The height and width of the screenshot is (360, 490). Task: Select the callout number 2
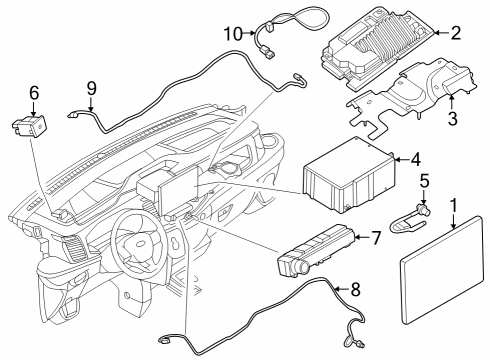(x=455, y=34)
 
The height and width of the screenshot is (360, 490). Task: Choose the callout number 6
(x=34, y=94)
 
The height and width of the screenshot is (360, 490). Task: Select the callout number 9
(x=91, y=88)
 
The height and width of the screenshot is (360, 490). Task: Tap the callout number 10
(x=233, y=34)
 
